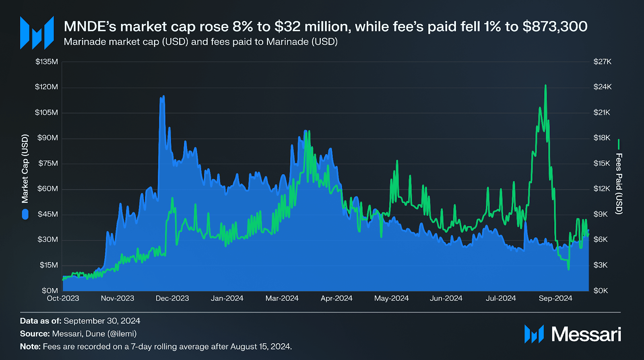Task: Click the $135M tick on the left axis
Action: tap(47, 62)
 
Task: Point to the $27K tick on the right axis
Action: tap(602, 62)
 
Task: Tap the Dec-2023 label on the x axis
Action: tap(172, 298)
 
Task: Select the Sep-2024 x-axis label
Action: tap(555, 298)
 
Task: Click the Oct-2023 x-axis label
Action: tap(63, 298)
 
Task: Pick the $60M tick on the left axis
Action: tap(47, 189)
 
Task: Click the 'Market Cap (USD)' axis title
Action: tap(25, 169)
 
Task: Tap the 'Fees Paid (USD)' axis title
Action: tap(619, 184)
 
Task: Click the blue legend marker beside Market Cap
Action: tap(25, 214)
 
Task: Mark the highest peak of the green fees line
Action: tap(545, 86)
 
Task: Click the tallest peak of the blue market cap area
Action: tap(163, 97)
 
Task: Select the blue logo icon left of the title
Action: tap(37, 33)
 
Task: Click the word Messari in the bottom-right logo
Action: tap(586, 334)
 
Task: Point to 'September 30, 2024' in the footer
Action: tap(102, 321)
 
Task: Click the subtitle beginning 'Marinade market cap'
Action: tap(200, 42)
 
